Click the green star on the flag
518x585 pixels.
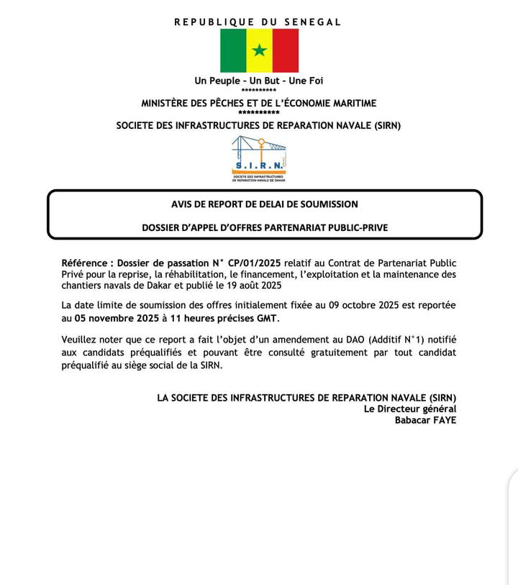(259, 50)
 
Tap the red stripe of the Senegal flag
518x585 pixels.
(285, 50)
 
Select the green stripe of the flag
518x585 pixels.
(233, 50)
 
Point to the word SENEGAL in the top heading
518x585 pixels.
(313, 22)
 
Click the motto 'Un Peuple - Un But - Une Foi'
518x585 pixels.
(259, 81)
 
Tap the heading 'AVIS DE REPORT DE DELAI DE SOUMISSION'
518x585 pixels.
(264, 204)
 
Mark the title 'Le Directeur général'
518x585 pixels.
(409, 409)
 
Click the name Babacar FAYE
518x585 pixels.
(425, 420)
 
